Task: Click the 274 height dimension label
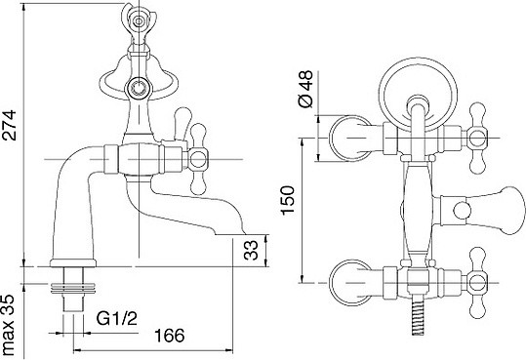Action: click(x=9, y=125)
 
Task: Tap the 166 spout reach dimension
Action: click(x=170, y=335)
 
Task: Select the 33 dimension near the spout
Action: click(x=251, y=251)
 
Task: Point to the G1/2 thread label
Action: click(x=117, y=318)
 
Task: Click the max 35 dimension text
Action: click(x=8, y=325)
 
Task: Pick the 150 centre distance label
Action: click(x=288, y=200)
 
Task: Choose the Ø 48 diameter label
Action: click(x=305, y=89)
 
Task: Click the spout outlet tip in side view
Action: click(x=230, y=234)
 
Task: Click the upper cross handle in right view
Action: click(x=478, y=138)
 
